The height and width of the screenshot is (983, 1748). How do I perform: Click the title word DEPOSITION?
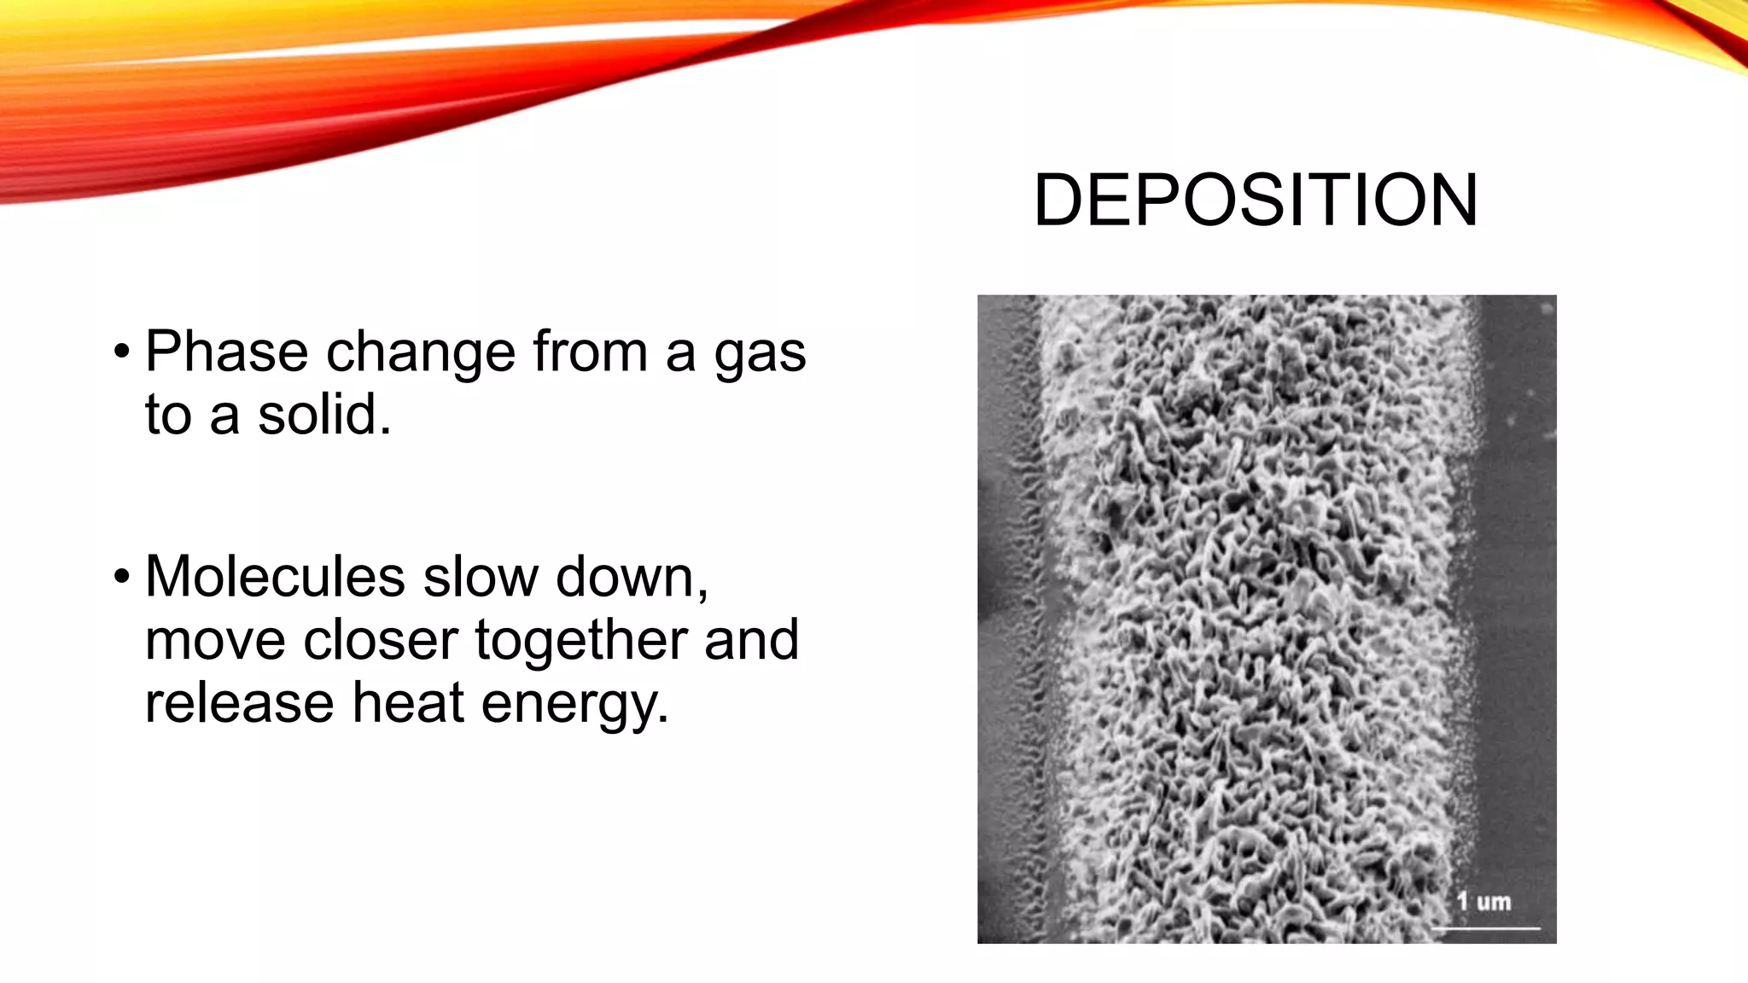[1256, 201]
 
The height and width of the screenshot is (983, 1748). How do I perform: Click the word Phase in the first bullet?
[226, 352]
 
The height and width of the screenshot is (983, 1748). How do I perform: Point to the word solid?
[323, 415]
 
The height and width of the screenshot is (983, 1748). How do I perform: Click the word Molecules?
[275, 577]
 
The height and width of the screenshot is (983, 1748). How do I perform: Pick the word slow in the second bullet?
[481, 577]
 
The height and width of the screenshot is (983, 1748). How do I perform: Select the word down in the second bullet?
[632, 577]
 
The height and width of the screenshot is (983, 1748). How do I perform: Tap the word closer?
[381, 640]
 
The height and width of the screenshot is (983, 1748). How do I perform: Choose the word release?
[239, 703]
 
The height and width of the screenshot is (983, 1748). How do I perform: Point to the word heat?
[407, 703]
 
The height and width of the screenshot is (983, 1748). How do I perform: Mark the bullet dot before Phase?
[122, 352]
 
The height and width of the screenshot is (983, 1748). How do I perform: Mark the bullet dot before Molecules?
[122, 577]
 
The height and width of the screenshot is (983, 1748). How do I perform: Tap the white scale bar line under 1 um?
[1486, 927]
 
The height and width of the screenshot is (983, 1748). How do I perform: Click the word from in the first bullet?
[591, 352]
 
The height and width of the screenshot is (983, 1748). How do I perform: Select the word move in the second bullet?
[215, 642]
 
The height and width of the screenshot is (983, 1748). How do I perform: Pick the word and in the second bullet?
[751, 640]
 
